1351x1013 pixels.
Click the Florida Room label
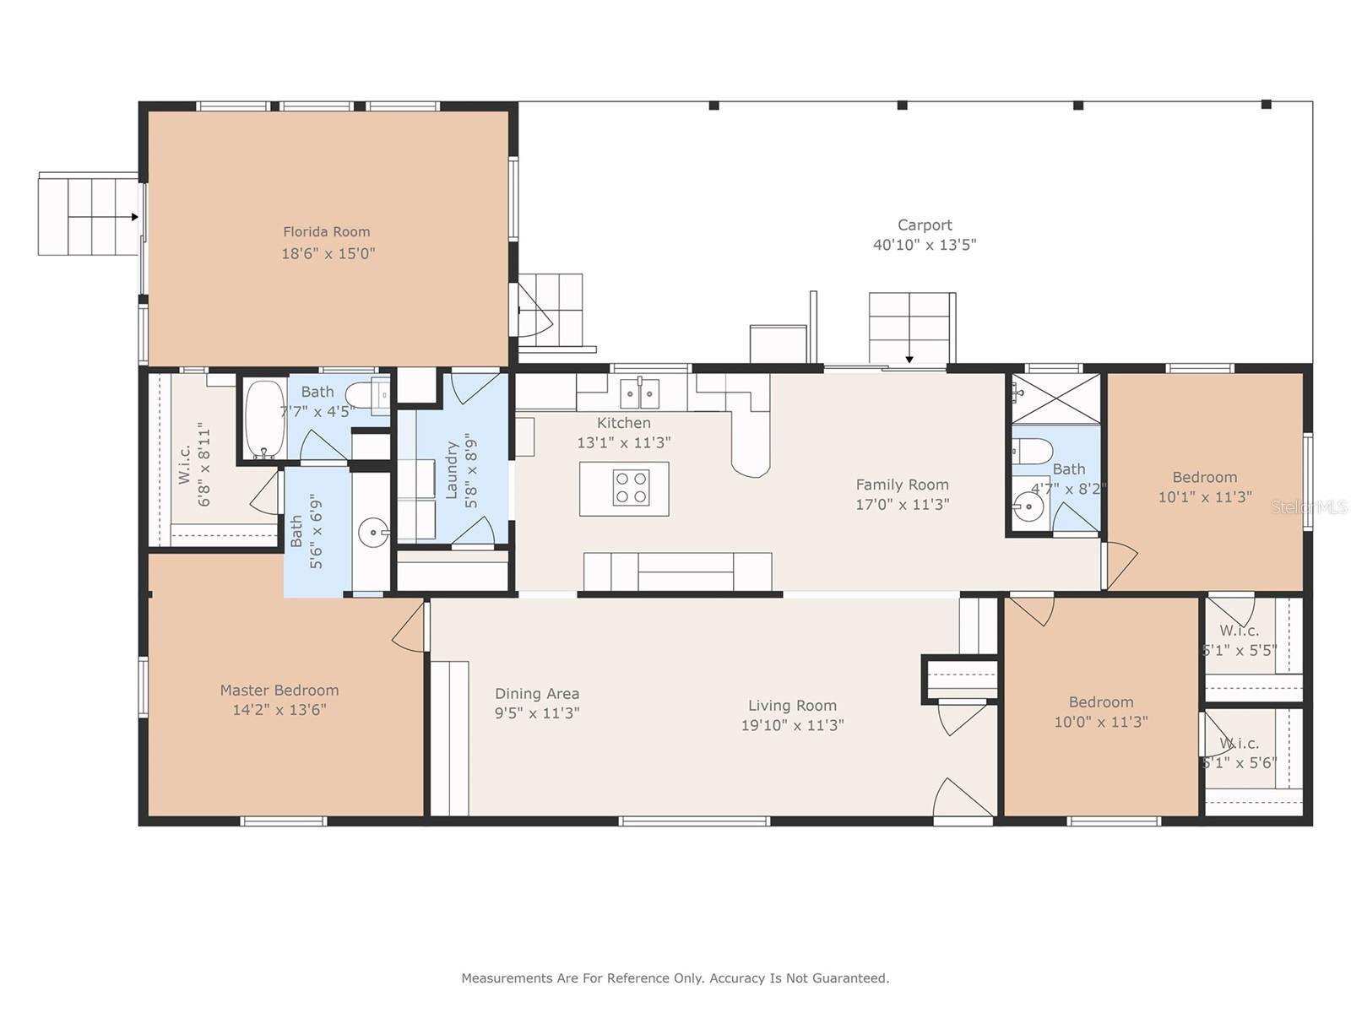click(326, 232)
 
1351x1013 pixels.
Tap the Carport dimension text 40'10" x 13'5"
click(925, 245)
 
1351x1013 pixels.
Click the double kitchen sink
click(639, 393)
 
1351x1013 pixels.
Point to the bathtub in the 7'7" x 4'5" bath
click(264, 419)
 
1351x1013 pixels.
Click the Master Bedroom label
click(279, 690)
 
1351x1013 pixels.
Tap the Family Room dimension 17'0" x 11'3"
click(903, 504)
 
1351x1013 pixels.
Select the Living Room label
click(792, 706)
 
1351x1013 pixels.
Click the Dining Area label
click(537, 694)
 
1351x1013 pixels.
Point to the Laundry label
click(452, 469)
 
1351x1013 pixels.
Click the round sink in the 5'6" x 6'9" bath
click(373, 532)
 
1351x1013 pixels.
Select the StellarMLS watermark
click(1309, 507)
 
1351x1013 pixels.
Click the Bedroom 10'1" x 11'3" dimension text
click(1205, 497)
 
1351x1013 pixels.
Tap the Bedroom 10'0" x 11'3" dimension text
click(1100, 722)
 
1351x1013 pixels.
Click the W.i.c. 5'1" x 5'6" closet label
click(1239, 754)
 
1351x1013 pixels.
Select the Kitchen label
click(623, 423)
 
